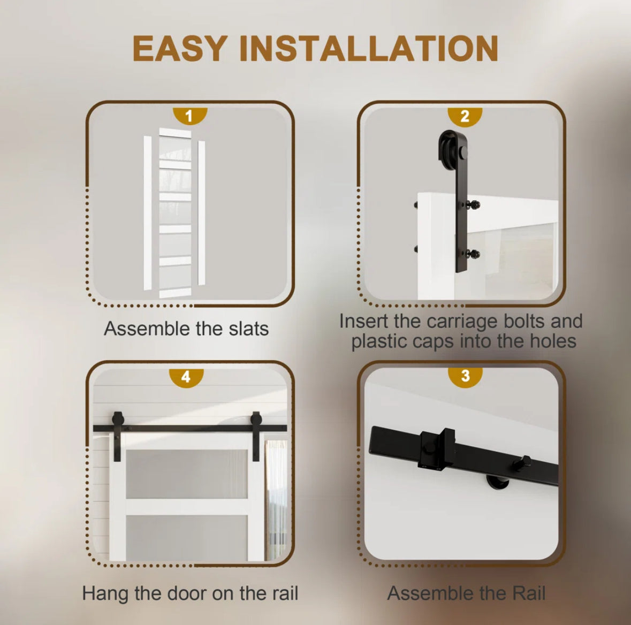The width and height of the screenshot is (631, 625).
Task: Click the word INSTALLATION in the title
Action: point(369,48)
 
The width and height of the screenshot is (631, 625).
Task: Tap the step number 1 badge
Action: point(190,116)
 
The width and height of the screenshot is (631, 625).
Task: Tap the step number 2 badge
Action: point(465,116)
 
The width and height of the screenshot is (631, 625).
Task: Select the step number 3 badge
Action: point(465,376)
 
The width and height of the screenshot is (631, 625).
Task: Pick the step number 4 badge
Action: point(186,377)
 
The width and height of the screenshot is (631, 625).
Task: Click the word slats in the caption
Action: point(249,329)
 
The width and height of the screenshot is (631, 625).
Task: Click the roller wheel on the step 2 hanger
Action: point(447,150)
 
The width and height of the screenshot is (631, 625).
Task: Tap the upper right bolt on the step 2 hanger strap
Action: point(474,205)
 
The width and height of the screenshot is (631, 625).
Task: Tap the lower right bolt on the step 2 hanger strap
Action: point(474,254)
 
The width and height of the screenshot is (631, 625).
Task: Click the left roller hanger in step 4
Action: point(118,436)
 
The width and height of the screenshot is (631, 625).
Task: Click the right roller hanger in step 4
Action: point(256,436)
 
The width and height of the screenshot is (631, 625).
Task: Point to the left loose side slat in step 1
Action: point(148,213)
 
